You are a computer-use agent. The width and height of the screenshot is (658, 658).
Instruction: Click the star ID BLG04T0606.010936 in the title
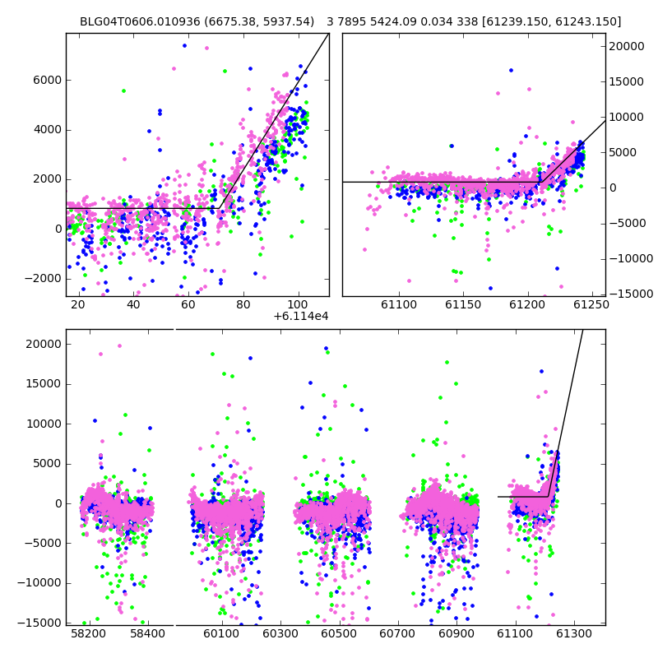[x=140, y=21]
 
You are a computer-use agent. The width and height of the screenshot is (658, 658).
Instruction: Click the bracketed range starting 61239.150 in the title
[x=551, y=21]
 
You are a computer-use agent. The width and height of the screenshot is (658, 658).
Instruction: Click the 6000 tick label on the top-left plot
[x=47, y=80]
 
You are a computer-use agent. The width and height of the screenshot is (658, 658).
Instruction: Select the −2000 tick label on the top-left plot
[x=43, y=279]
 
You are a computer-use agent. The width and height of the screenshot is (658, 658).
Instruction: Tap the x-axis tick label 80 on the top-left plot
[x=243, y=304]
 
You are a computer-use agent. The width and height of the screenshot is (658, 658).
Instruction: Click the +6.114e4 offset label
[x=301, y=317]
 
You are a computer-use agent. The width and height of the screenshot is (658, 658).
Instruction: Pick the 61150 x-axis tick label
[x=463, y=304]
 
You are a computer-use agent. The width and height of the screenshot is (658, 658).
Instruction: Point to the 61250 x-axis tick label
[x=591, y=304]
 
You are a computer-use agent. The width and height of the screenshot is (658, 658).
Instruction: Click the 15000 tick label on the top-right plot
[x=627, y=81]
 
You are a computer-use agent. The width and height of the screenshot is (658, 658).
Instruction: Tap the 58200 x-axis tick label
[x=89, y=633]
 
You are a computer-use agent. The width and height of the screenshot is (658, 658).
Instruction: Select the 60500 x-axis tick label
[x=339, y=633]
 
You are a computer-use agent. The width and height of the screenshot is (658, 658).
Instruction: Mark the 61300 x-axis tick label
[x=573, y=633]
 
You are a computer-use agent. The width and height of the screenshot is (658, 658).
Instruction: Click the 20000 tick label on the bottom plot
[x=44, y=345]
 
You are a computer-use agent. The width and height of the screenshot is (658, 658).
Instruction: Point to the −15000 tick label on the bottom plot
[x=39, y=623]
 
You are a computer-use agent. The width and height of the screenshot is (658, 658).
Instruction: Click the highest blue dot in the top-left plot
[x=184, y=46]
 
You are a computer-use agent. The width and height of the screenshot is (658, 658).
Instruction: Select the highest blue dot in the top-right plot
[x=511, y=71]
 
